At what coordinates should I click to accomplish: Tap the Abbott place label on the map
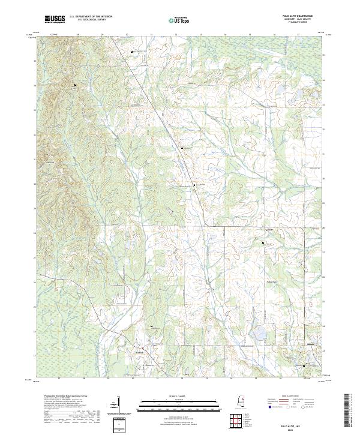269,230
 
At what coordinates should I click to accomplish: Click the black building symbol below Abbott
263,242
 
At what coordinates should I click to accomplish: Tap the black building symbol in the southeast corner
304,365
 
